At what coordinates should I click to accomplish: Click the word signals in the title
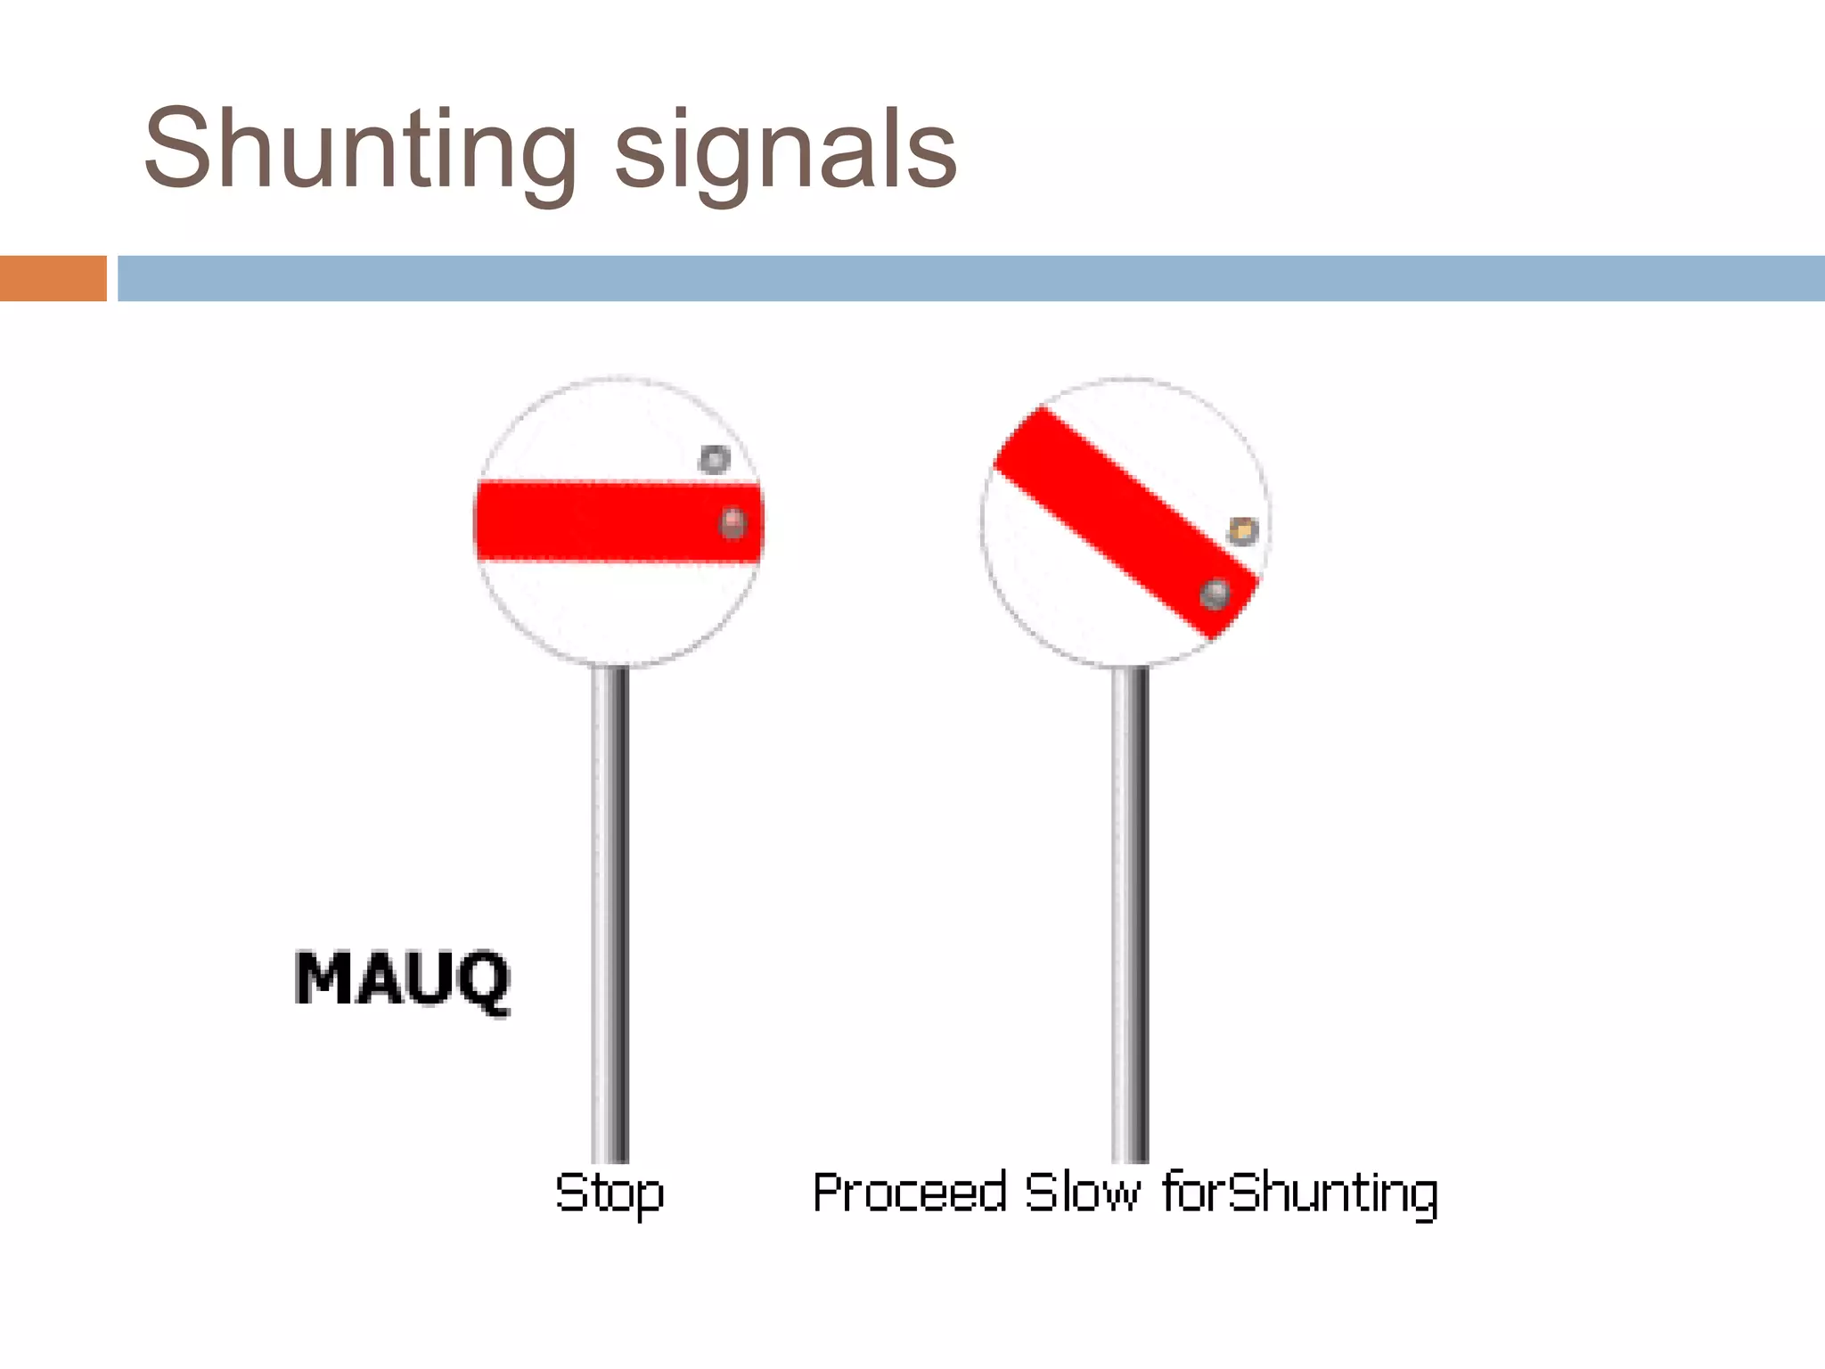coord(786,153)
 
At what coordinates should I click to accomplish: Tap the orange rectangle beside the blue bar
coord(53,278)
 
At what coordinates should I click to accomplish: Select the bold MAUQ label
coord(402,980)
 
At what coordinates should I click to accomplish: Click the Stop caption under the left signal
coord(610,1193)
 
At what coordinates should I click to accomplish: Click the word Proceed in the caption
coord(909,1193)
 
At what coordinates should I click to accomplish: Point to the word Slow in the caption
coord(1082,1193)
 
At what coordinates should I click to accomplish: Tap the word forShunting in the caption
coord(1300,1193)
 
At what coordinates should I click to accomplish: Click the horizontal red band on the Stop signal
coord(588,521)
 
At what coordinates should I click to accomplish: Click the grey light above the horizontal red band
coord(714,460)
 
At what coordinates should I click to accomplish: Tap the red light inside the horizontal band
coord(732,522)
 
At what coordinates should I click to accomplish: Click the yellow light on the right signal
coord(1243,531)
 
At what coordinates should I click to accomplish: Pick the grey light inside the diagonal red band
coord(1215,594)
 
